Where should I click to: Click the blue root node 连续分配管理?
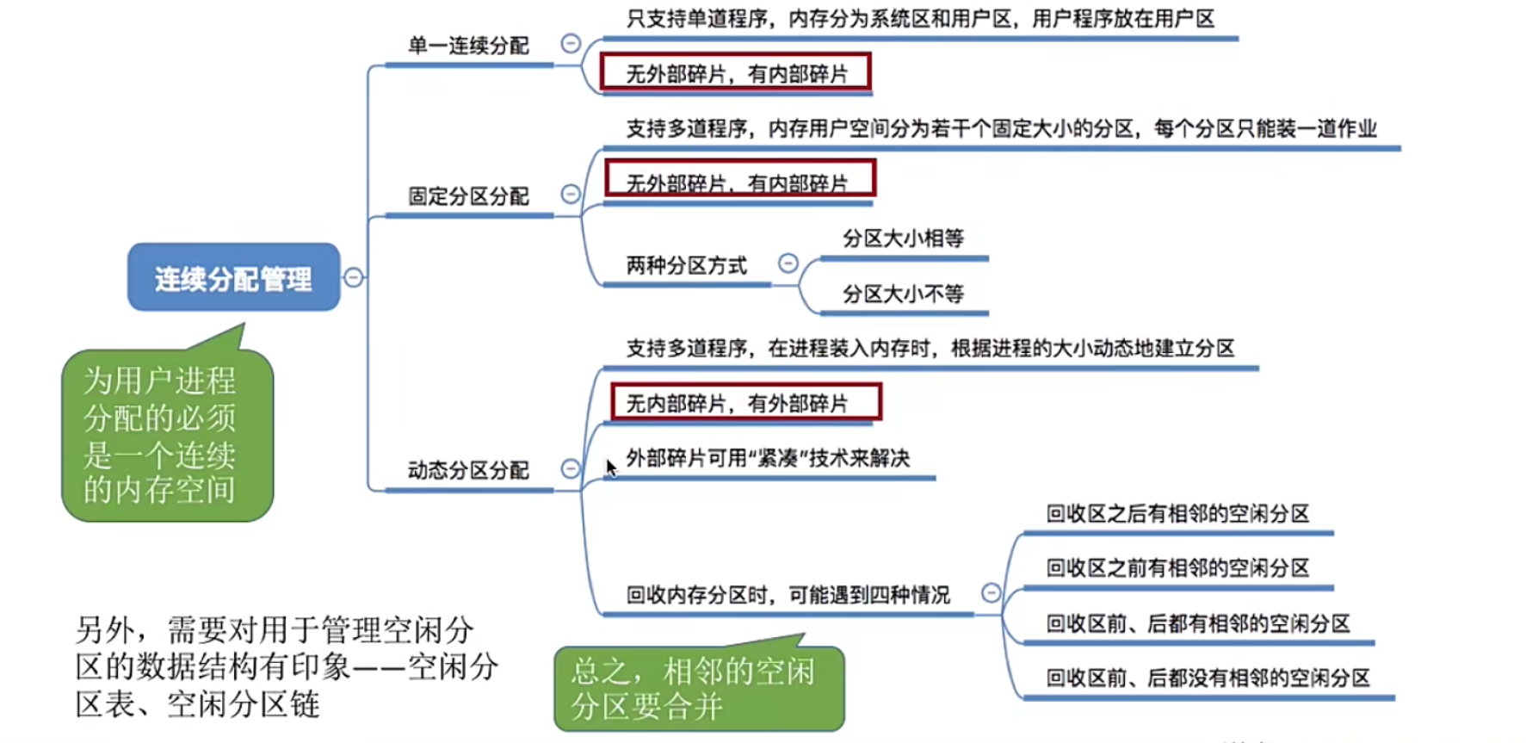233,278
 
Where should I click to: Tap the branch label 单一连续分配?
468,46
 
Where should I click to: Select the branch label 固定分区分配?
468,196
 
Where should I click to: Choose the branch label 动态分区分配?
468,470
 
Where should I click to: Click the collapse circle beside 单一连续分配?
571,43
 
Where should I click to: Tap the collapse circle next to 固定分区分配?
571,194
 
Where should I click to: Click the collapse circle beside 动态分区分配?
571,468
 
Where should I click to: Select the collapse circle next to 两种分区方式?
788,263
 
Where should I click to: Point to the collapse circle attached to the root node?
353,277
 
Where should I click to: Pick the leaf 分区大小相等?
903,238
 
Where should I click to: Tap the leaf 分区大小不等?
903,294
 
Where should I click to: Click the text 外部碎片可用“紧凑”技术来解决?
768,458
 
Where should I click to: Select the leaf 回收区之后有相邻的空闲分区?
1177,514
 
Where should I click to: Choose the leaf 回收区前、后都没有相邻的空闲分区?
1208,678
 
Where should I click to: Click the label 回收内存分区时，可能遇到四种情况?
788,595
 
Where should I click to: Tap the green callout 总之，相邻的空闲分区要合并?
698,689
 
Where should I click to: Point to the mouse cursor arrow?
609,465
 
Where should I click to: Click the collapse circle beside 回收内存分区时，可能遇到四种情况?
991,592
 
